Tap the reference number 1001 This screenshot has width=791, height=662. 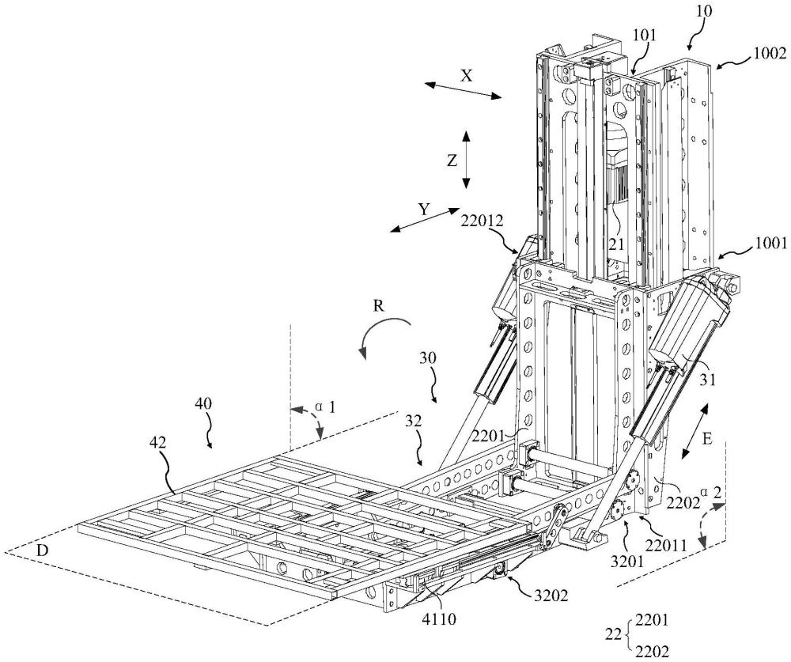769,245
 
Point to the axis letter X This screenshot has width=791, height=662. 467,75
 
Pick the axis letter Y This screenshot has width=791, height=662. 424,210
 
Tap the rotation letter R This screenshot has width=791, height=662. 380,306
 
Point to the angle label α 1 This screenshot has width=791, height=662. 324,407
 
